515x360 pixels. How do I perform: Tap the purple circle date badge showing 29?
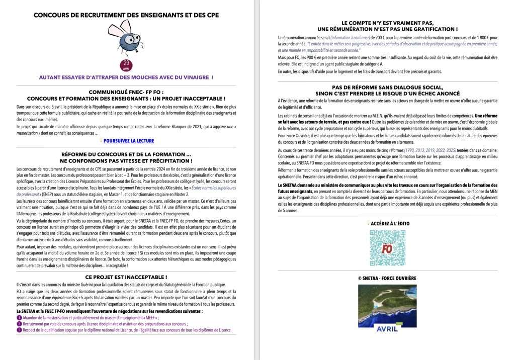click(126, 65)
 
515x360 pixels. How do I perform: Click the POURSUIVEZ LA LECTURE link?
click(129, 141)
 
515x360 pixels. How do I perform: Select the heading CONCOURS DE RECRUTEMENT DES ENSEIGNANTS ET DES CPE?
click(126, 15)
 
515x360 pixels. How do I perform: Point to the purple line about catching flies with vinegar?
click(126, 77)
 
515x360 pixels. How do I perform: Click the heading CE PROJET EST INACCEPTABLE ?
click(126, 277)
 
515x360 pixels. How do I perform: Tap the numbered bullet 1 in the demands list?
click(19, 318)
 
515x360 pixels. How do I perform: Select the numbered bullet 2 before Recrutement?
click(19, 324)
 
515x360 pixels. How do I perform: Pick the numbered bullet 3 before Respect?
click(19, 331)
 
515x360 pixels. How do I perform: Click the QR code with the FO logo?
click(387, 248)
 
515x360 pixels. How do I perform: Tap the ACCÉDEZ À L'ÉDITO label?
click(389, 223)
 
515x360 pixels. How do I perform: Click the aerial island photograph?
click(387, 304)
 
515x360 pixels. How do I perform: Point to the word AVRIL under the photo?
click(387, 329)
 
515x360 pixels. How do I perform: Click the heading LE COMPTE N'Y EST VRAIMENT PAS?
click(388, 23)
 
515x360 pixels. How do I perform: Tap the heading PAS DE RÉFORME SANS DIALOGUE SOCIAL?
click(388, 87)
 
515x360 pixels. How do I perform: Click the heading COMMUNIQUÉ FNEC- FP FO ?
click(126, 93)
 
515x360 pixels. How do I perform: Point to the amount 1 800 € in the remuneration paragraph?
click(479, 38)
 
